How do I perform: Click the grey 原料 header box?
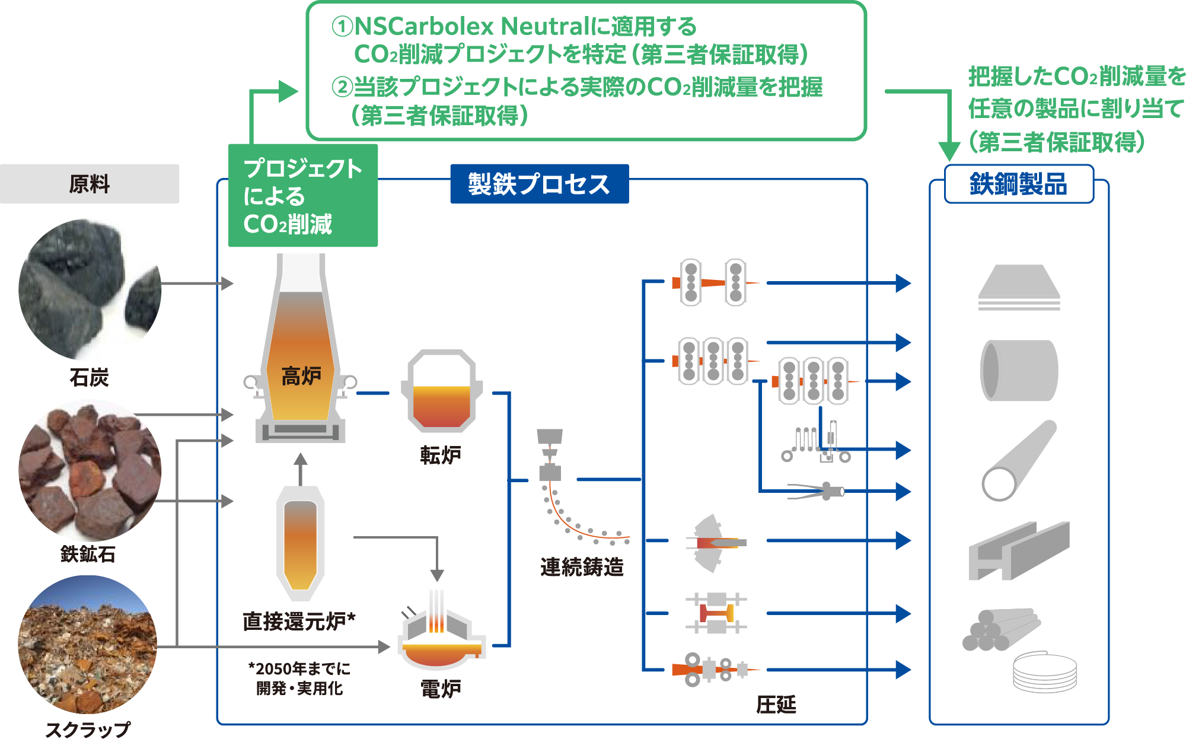point(90,184)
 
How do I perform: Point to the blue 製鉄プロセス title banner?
point(539,184)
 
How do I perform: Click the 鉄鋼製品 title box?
point(1018,184)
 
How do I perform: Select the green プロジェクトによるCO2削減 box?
point(302,196)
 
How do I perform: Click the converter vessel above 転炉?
point(441,391)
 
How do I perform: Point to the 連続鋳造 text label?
point(582,567)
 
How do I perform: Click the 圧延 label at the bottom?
point(776,705)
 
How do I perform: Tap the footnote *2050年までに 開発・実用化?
point(299,679)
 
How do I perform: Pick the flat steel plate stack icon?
point(1019,288)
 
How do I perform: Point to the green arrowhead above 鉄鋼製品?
point(949,151)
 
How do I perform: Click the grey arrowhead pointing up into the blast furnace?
point(301,460)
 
